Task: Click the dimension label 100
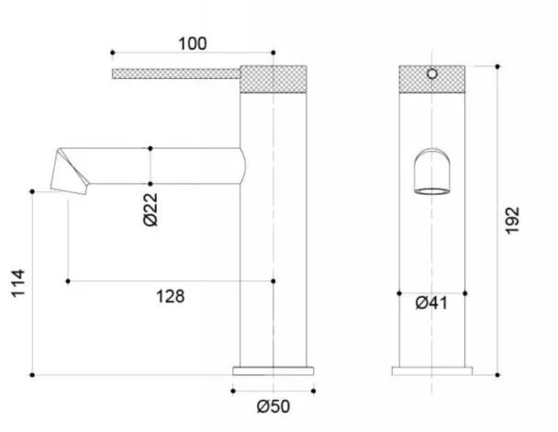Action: pos(192,44)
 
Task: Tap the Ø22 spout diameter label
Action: pos(151,210)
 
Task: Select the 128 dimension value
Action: pos(171,297)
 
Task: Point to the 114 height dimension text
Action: pos(18,283)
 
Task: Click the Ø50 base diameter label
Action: pos(273,406)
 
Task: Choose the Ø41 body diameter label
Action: pos(431,303)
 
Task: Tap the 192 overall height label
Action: pos(512,221)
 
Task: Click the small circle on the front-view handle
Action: pos(432,74)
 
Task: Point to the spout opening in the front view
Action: pos(432,191)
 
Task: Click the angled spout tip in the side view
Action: pos(70,172)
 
